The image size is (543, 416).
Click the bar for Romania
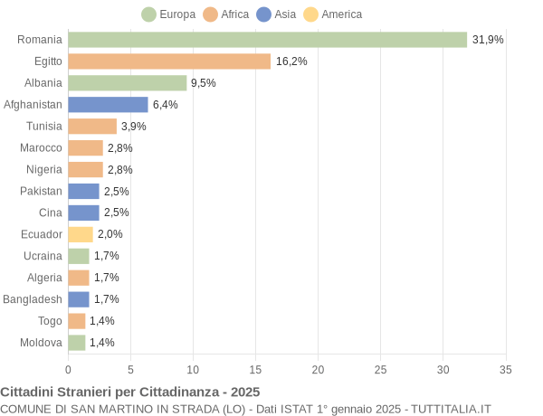[x=267, y=40]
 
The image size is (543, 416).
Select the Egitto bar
[x=169, y=61]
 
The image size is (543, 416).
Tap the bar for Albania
[x=127, y=83]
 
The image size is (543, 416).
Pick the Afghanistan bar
[x=108, y=105]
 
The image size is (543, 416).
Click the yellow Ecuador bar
[x=81, y=234]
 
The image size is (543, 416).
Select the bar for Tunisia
[x=92, y=127]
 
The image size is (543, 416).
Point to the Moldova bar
[x=77, y=343]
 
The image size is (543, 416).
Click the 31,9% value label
[x=488, y=40]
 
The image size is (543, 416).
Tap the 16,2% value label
[x=291, y=61]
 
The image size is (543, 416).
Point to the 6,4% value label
[x=165, y=105]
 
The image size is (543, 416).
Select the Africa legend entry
[x=226, y=14]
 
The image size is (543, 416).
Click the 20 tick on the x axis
[x=318, y=369]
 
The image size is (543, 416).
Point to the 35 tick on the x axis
[x=506, y=369]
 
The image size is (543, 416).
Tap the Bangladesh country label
[x=33, y=299]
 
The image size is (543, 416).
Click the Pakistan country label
[x=42, y=191]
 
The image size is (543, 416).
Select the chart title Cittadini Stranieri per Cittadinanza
[x=130, y=392]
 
